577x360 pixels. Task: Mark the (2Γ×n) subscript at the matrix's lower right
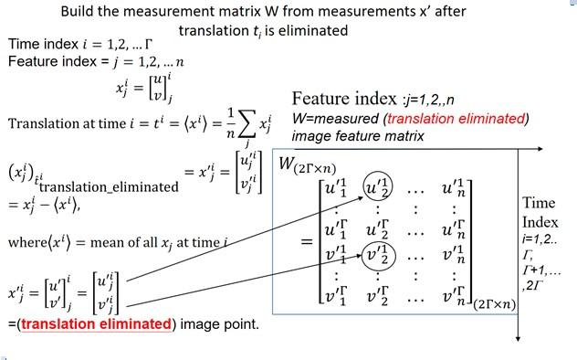(x=494, y=307)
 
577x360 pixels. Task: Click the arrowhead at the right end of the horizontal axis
(x=546, y=147)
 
